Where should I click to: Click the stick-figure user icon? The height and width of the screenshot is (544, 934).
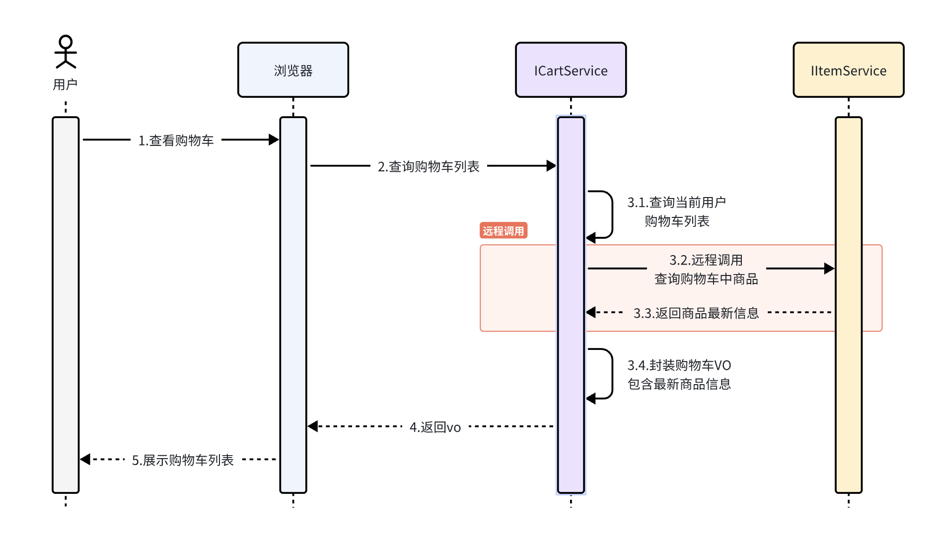66,51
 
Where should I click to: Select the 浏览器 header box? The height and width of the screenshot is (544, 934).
293,70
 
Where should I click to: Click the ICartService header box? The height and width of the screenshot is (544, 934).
571,70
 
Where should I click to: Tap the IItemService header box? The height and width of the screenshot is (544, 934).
848,70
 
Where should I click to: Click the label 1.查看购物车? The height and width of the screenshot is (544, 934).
176,140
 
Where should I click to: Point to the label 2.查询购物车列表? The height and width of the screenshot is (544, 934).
429,166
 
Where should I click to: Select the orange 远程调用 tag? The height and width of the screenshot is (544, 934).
503,231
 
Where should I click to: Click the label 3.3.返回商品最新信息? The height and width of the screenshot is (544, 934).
696,313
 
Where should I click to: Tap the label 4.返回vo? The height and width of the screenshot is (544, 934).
435,427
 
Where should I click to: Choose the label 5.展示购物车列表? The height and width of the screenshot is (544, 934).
182,460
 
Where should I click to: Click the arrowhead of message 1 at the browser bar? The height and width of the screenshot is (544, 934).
274,140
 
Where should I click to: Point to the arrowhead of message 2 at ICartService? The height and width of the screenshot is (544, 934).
551,166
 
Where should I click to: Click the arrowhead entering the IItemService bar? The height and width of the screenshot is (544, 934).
829,269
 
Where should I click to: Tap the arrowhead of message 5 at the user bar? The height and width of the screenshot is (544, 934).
85,459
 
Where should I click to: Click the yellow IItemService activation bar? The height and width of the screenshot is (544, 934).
848,397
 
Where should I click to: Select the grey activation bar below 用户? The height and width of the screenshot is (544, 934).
66,305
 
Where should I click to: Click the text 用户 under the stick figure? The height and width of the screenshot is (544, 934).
65,84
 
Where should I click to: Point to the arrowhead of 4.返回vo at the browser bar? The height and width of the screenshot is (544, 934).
313,426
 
